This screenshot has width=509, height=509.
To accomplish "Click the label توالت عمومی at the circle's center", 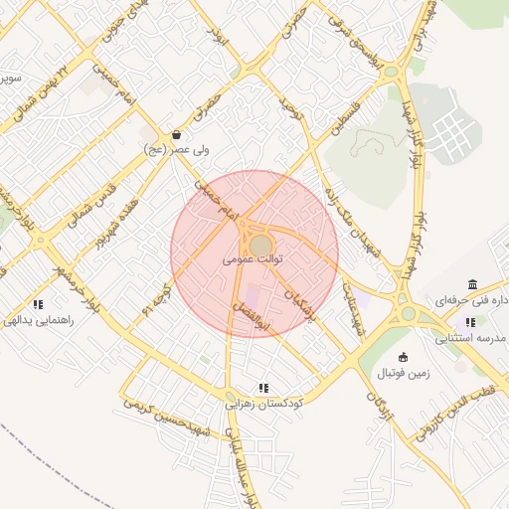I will tap(254, 258).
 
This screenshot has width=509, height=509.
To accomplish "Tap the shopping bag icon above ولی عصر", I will tap(176, 134).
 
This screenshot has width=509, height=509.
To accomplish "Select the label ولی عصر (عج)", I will tap(166, 150).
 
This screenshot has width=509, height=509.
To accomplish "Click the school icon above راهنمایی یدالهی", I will tap(38, 304).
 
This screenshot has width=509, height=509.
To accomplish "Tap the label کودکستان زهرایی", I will tap(264, 404).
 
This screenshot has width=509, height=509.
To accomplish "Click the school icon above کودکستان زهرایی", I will tap(263, 388).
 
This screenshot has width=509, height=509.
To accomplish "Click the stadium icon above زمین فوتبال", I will tap(403, 357).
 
